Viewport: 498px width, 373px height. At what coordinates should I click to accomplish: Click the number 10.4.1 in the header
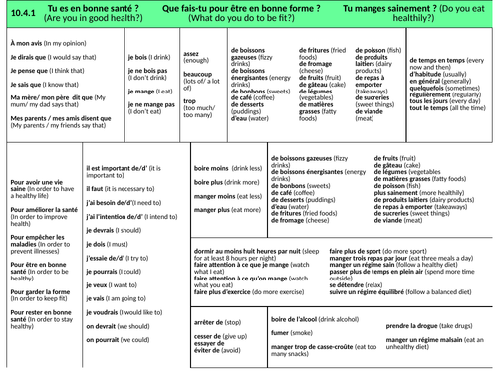pyautogui.click(x=24, y=11)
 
